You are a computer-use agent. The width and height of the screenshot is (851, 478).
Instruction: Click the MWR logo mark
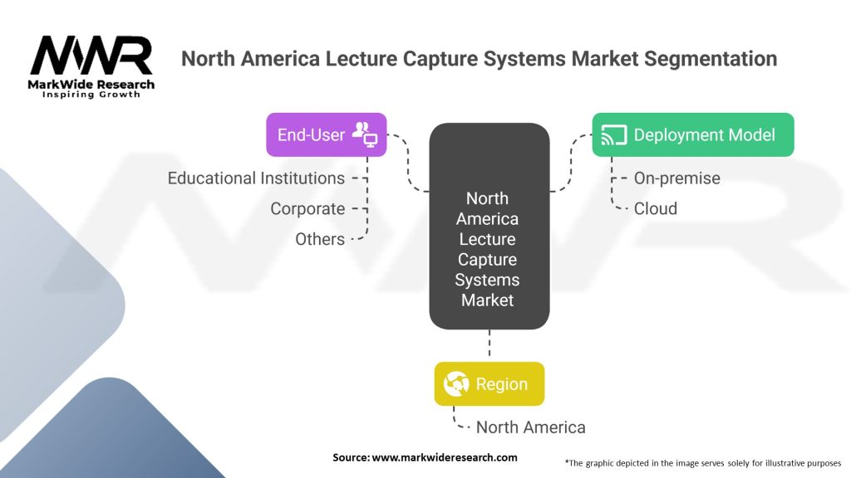click(x=91, y=56)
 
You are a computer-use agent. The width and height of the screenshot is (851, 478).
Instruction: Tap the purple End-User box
click(x=326, y=134)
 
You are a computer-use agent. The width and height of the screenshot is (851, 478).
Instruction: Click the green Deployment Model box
click(x=692, y=134)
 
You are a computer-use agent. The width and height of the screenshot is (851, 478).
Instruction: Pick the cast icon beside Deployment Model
click(x=613, y=135)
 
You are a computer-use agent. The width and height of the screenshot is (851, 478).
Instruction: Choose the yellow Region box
click(x=489, y=384)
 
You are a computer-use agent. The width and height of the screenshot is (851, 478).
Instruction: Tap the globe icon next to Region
click(x=457, y=384)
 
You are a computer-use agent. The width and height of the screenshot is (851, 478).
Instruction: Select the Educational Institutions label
click(x=256, y=178)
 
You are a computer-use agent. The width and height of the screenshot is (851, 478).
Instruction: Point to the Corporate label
click(x=307, y=209)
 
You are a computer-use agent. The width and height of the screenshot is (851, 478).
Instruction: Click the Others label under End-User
click(x=320, y=239)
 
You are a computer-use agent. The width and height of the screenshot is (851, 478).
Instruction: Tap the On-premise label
click(x=676, y=178)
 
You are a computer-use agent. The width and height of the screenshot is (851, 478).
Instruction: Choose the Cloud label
click(x=655, y=208)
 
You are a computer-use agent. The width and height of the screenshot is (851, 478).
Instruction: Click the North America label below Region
click(x=530, y=427)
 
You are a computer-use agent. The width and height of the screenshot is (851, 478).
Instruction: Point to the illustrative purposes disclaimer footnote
click(x=702, y=462)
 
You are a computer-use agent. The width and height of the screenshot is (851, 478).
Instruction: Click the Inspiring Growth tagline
click(x=91, y=95)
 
